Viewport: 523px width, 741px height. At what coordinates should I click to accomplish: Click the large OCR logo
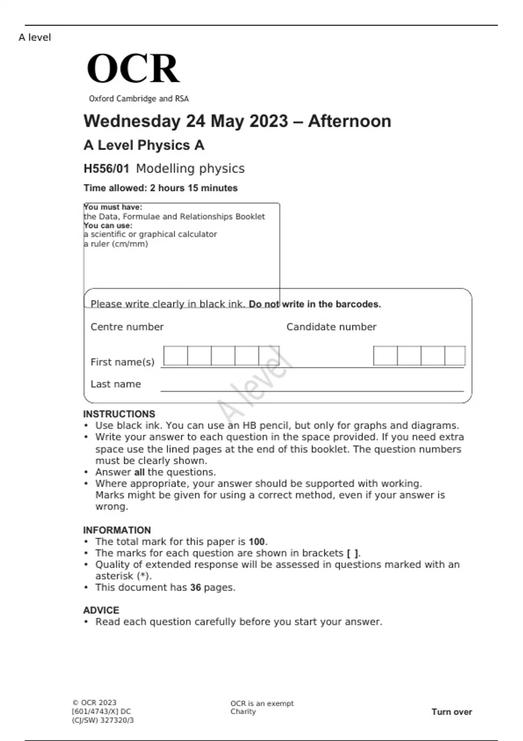point(133,68)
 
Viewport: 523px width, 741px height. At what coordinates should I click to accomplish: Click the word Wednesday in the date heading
point(131,121)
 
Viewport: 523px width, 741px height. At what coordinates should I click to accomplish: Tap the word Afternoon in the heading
point(350,121)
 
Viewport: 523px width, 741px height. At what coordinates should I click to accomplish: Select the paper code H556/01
point(106,169)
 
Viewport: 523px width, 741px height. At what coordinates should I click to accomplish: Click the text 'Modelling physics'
point(190,169)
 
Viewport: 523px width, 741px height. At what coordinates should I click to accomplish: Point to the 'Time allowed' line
point(160,188)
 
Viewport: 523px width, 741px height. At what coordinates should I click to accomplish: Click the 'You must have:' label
point(113,207)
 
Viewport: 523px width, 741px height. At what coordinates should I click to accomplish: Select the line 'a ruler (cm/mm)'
point(116,244)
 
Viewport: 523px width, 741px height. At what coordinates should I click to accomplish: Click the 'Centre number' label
point(127,327)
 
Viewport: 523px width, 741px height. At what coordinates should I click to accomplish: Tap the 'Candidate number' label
point(331,327)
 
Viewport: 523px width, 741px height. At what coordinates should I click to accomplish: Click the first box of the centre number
point(176,356)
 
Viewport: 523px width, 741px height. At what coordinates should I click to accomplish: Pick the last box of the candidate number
point(455,356)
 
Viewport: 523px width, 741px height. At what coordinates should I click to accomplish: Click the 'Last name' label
point(115,384)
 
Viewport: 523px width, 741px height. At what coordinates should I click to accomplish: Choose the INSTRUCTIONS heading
point(119,414)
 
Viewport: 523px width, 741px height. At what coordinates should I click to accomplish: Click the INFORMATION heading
point(117,530)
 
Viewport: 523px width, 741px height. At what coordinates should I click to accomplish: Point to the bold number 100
point(257,542)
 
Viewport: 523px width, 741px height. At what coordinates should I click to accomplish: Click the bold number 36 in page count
point(195,588)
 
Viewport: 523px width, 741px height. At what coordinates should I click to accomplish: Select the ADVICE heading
point(101,610)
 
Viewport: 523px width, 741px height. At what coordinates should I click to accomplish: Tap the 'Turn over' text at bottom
point(452,712)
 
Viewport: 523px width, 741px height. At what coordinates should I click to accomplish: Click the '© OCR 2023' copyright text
point(94,703)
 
